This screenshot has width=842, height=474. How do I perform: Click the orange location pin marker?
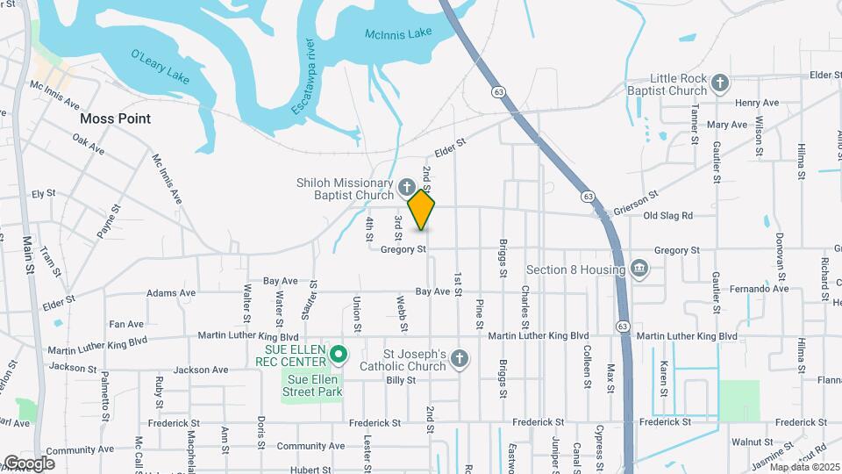(x=422, y=210)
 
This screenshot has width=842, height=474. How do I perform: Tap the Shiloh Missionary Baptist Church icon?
(x=406, y=187)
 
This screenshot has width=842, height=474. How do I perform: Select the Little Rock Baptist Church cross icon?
(x=719, y=83)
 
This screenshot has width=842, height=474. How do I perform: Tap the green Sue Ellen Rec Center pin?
(x=339, y=355)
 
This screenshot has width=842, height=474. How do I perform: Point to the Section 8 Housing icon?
(x=639, y=268)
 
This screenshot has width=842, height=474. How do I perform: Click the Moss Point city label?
(x=115, y=118)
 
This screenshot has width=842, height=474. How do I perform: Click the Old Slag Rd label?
(x=668, y=215)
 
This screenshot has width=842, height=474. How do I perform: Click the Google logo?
(x=28, y=463)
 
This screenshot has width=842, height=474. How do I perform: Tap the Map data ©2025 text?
(x=803, y=467)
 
